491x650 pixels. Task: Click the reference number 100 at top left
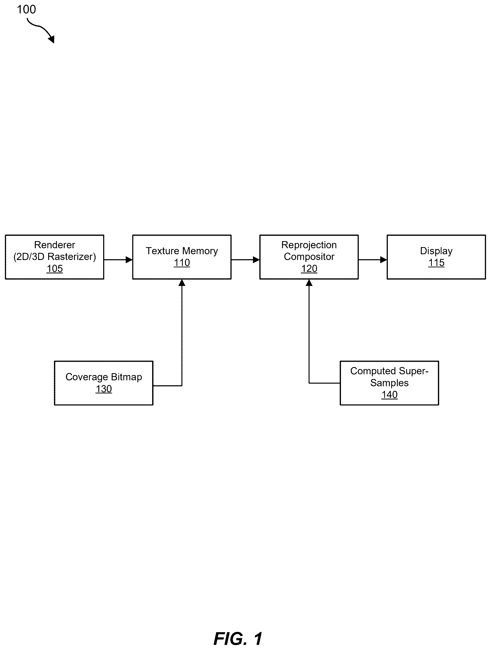pos(26,9)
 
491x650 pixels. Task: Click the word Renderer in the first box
pos(55,245)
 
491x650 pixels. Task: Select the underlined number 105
pos(55,269)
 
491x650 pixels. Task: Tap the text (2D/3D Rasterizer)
pos(55,257)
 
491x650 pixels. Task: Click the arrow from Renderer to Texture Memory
pos(118,259)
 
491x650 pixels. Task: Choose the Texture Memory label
pos(182,251)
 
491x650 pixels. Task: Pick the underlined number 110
pos(182,263)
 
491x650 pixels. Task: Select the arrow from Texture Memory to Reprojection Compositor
pos(245,259)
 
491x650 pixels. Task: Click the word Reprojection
pos(309,245)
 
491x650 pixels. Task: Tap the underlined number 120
pos(309,269)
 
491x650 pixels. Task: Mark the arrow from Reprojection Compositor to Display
pos(373,259)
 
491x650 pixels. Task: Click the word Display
pos(436,251)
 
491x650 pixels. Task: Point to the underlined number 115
pos(436,263)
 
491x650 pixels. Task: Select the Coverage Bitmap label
pos(104,377)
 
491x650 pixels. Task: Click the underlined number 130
pos(104,389)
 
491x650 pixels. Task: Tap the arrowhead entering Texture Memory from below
pos(182,283)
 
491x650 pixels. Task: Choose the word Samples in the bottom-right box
pos(389,383)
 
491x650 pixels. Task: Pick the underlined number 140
pos(389,395)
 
